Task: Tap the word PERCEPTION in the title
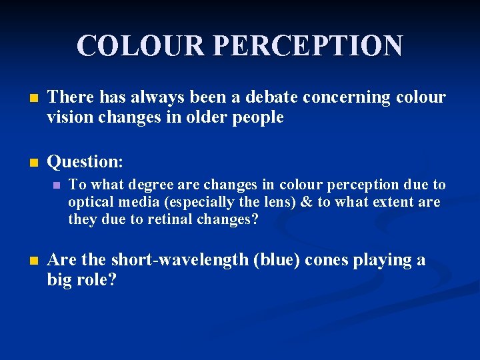click(x=308, y=45)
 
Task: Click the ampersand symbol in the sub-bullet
click(x=305, y=202)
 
